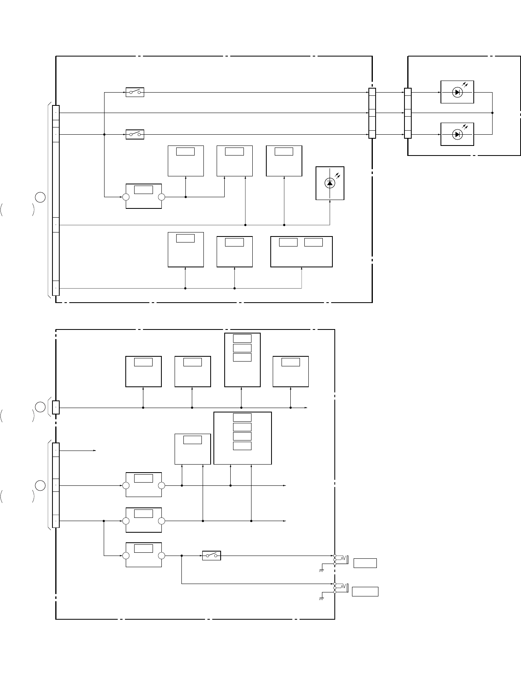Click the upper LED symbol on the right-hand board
click(x=457, y=92)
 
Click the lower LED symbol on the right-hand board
click(x=457, y=134)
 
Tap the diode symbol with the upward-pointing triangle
click(x=330, y=183)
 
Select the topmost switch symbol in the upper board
click(x=135, y=92)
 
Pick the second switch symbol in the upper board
click(x=135, y=134)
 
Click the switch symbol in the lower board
click(x=211, y=556)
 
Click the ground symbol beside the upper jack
click(x=321, y=570)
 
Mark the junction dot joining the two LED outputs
click(x=492, y=113)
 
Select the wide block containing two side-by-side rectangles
click(x=301, y=251)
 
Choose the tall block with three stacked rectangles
click(x=242, y=360)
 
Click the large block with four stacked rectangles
click(x=243, y=438)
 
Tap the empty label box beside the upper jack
click(x=365, y=563)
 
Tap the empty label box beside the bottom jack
click(x=365, y=591)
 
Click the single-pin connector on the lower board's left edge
click(x=56, y=407)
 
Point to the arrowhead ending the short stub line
click(x=95, y=451)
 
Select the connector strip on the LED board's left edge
click(x=408, y=113)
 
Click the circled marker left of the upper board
click(x=40, y=197)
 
